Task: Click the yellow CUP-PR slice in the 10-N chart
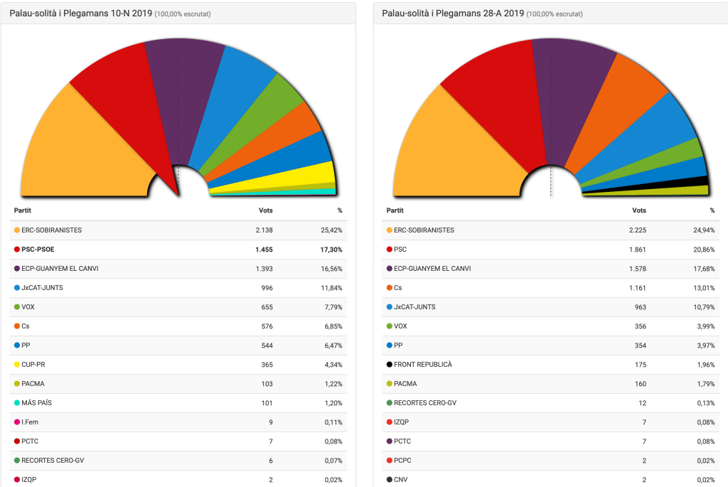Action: point(306,173)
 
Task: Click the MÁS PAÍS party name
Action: point(37,403)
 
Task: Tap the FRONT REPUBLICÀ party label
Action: point(422,365)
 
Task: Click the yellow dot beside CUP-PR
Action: point(16,365)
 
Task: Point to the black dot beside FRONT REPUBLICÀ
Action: point(389,365)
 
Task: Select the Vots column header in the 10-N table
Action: point(265,210)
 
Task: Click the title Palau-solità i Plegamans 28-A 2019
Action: point(453,14)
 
